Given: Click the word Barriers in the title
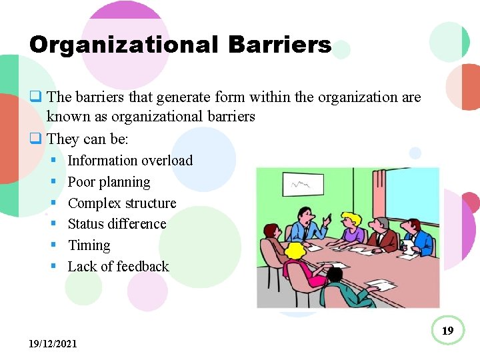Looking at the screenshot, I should coord(279,45).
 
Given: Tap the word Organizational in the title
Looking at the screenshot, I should coord(124,45).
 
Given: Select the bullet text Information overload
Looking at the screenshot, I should coord(130,161).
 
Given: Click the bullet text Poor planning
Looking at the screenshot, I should coord(109,182).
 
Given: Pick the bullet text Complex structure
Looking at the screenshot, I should coord(122,203).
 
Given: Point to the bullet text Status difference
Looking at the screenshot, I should coord(117,224).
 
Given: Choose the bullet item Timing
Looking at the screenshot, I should coord(89,245).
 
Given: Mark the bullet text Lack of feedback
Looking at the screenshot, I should coord(118,267).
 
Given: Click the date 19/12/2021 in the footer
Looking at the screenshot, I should coord(53,344).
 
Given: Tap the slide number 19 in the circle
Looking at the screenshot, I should coord(448,331).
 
